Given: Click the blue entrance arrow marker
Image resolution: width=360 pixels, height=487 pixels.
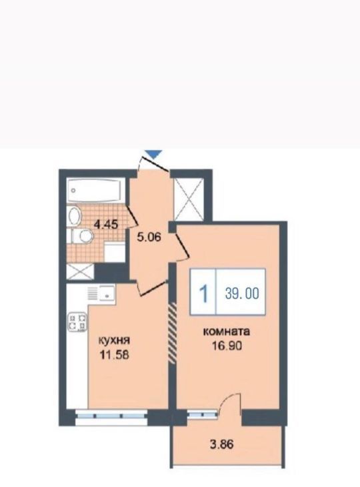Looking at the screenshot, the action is coord(154,154).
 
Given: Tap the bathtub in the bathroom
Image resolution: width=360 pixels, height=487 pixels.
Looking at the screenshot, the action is coord(95,189).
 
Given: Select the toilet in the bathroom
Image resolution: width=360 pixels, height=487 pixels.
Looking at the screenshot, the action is coord(83,236).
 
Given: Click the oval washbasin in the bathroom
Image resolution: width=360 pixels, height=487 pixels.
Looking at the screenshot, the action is coord(74,216).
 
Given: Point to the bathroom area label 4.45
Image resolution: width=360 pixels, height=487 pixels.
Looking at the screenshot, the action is coord(107,224).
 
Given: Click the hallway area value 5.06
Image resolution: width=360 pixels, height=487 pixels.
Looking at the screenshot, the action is coord(149,237).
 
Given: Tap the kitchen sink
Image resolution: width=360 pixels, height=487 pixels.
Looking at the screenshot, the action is coord(102,292).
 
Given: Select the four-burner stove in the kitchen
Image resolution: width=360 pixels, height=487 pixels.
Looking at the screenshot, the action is coord(77,322).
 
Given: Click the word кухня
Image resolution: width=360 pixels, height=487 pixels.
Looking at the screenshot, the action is coord(114,340).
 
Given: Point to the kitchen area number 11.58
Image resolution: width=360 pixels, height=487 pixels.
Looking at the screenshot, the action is coord(114,354).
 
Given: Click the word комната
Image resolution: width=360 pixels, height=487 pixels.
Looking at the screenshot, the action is coord(226,332).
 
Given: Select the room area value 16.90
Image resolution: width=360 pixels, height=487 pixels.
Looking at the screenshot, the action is coord(227,346).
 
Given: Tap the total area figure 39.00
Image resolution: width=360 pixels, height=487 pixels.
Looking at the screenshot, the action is coord(242,293).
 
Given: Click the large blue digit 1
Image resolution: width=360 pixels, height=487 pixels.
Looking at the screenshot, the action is coord(203,294).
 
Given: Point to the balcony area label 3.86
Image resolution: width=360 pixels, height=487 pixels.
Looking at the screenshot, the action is coord(221,444).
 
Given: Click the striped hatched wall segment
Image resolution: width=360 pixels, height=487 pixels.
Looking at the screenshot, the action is coord(172,333).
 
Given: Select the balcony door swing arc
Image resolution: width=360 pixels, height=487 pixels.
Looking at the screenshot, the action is coord(229,400).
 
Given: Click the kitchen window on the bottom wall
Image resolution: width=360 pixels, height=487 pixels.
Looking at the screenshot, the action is coord(111,418).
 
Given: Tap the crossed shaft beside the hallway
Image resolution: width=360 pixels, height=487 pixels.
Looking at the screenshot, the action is coord(189,199).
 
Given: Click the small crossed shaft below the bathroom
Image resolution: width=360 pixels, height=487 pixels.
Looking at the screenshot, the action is coord(81,272).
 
